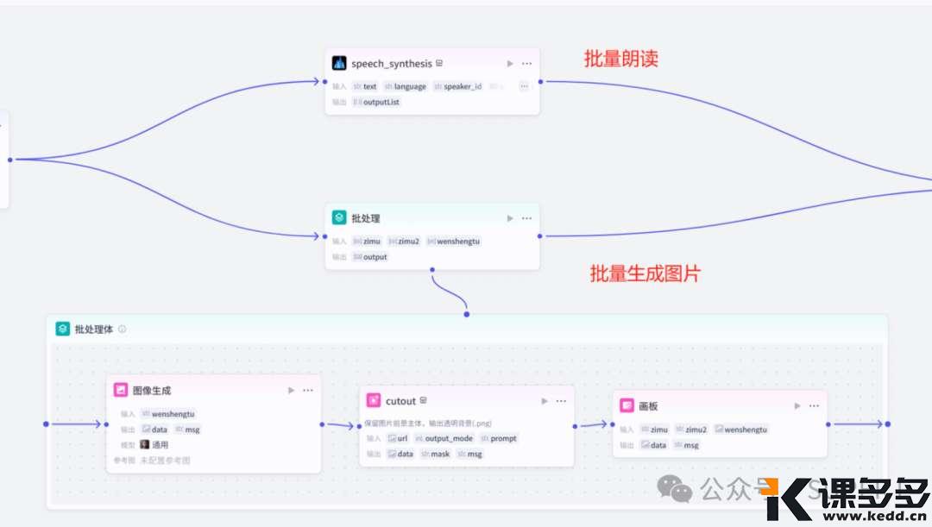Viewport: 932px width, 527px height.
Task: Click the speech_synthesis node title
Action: (391, 63)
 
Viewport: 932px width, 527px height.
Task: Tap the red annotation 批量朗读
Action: (621, 59)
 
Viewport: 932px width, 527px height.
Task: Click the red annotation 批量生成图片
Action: (645, 274)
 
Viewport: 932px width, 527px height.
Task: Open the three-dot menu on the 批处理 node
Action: (526, 218)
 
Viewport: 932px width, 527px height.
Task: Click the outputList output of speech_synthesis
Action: (381, 102)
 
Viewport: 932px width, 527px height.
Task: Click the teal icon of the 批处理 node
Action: (339, 218)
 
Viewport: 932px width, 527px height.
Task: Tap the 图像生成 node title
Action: (151, 390)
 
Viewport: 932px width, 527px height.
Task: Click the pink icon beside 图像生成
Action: (121, 390)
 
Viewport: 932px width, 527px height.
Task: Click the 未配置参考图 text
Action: (165, 461)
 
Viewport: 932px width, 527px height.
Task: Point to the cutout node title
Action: (400, 401)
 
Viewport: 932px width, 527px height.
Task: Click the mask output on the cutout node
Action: (439, 454)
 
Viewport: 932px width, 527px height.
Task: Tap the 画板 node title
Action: (648, 405)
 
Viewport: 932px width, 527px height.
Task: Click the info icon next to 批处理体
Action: (123, 329)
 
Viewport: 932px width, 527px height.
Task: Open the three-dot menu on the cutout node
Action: (561, 401)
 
